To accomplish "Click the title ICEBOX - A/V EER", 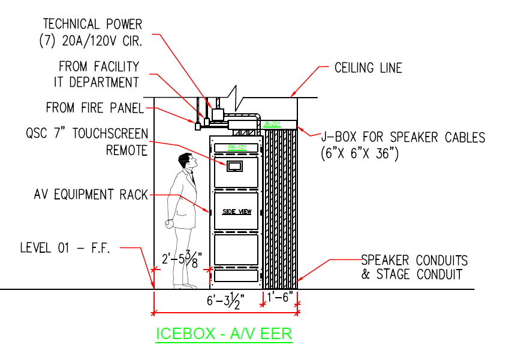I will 224,334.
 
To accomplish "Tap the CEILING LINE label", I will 368,68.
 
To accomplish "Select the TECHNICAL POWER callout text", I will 92,25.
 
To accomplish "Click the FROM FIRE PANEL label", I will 95,108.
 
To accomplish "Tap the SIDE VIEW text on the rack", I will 236,211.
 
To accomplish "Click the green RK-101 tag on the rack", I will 234,147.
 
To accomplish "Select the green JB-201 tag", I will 272,125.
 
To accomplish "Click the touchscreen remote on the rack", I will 234,165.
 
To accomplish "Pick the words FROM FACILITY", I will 99,66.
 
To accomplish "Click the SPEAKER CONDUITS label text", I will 414,261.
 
